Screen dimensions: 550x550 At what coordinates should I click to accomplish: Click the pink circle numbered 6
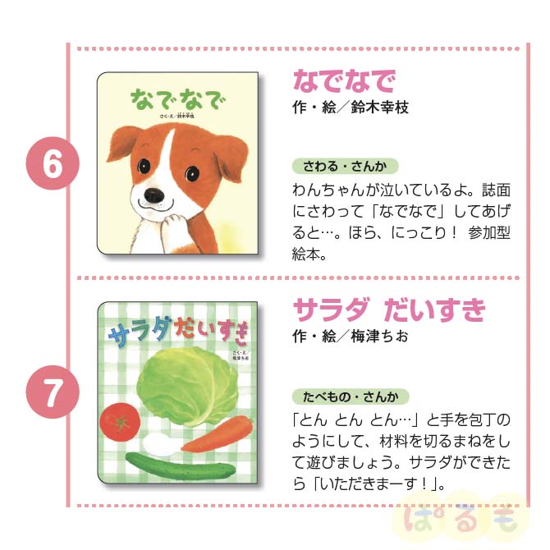click(x=53, y=163)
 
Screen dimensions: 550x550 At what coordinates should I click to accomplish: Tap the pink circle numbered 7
click(x=53, y=392)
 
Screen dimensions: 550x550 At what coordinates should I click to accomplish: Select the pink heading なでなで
click(x=345, y=81)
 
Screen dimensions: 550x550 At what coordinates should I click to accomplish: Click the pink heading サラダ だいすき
click(x=389, y=309)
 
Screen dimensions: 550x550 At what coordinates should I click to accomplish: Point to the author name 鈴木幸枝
click(x=379, y=107)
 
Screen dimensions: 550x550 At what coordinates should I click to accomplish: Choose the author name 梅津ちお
click(x=379, y=336)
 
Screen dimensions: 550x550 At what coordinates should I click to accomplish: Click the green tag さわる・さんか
click(x=345, y=166)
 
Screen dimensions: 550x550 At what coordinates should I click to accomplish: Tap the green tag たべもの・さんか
click(x=351, y=396)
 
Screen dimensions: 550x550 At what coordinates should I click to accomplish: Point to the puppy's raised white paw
click(x=174, y=225)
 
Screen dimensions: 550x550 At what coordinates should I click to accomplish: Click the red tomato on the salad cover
click(x=121, y=422)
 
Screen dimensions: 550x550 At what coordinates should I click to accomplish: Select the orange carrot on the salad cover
click(x=217, y=433)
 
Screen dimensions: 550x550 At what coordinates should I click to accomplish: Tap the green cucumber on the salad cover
click(x=181, y=466)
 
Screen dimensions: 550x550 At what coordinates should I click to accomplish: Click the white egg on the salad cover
click(x=158, y=444)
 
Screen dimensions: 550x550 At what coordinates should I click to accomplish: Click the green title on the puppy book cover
click(x=177, y=99)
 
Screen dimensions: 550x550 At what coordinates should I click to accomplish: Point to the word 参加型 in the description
click(x=489, y=232)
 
